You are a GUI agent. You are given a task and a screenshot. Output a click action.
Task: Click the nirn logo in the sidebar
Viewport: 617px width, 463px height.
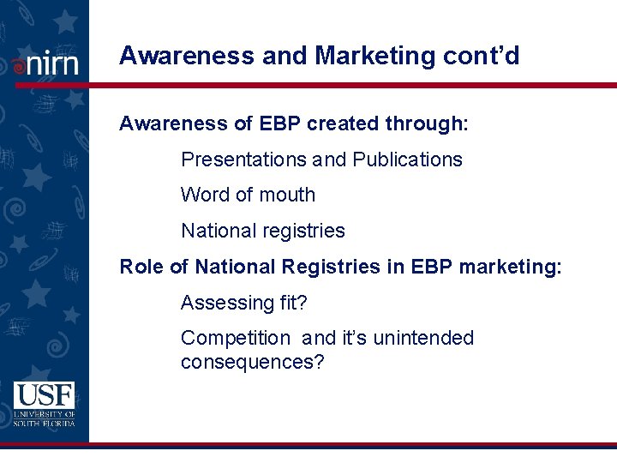click(45, 63)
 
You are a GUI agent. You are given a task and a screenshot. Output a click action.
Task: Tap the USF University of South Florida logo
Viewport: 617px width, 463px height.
click(44, 404)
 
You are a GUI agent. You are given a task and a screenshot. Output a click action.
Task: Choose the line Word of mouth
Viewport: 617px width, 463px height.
click(248, 195)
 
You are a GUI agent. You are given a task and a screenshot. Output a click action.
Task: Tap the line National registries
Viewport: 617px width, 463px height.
click(262, 231)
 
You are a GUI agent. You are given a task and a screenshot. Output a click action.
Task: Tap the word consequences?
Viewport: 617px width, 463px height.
click(252, 362)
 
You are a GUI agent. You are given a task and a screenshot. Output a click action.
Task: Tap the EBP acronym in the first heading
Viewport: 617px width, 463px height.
click(279, 124)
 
